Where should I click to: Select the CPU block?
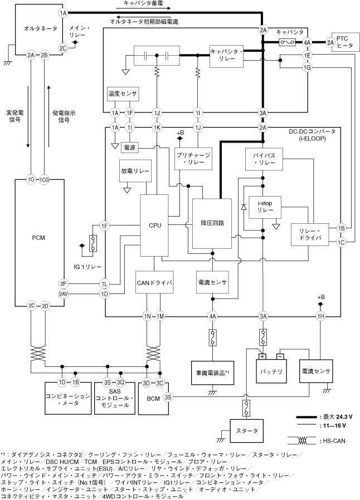155,226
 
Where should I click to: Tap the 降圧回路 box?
212,223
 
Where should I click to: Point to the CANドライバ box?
155,283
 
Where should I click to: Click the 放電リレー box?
135,171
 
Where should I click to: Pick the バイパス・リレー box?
264,160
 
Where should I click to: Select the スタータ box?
243,430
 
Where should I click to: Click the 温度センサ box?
122,94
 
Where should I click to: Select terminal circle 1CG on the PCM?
45,180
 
